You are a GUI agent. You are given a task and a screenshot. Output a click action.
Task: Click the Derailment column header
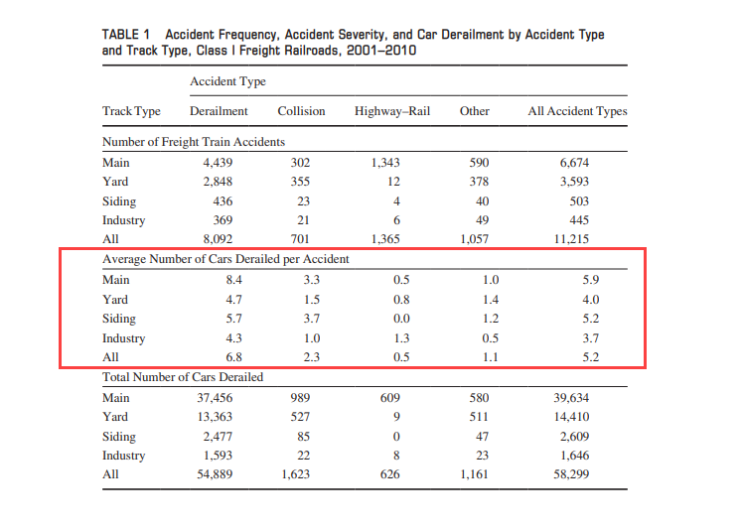(219, 111)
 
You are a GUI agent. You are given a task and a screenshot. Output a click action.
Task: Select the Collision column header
(301, 111)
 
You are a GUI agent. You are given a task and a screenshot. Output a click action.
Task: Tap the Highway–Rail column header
(392, 111)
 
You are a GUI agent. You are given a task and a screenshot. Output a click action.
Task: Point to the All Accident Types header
(577, 111)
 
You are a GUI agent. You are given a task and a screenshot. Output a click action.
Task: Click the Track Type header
(131, 111)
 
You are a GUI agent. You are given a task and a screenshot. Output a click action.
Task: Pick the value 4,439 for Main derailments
(218, 163)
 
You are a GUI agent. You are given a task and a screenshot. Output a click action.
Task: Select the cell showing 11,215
(571, 239)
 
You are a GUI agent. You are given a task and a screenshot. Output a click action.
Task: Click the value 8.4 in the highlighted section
(234, 280)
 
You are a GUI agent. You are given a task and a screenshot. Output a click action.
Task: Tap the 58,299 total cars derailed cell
(571, 474)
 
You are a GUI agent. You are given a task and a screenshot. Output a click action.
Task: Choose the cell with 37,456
(215, 398)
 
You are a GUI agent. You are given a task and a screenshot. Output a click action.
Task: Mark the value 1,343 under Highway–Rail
(385, 163)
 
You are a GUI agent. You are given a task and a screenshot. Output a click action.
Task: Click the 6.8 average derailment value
(234, 357)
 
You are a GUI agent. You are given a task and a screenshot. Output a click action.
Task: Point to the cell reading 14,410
(571, 417)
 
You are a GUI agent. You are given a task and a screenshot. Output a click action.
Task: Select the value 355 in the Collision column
(300, 182)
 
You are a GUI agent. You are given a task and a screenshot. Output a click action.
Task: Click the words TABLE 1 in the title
(126, 35)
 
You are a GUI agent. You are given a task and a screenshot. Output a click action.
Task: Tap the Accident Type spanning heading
(227, 81)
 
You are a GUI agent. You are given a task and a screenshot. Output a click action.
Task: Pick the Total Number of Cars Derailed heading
(183, 377)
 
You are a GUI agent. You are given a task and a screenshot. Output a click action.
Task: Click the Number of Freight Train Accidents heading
(194, 142)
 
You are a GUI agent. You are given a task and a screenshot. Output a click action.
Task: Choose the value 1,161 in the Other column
(474, 474)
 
